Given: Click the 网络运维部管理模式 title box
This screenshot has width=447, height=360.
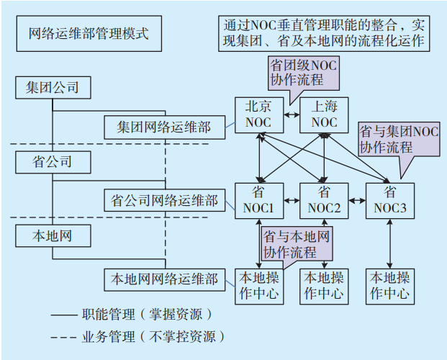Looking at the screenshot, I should pos(89,35).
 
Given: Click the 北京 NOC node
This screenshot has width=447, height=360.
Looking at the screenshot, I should pos(258,114).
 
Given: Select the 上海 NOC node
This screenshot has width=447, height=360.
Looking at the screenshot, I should pos(324,114).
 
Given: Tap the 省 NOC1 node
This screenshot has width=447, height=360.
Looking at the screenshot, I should pos(258,200).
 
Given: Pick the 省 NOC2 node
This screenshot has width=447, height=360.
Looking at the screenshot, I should pos(324,200).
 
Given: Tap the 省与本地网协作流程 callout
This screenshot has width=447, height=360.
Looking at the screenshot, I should pos(297,243).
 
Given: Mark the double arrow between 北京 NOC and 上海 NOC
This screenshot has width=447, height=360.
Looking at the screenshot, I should pos(290,115).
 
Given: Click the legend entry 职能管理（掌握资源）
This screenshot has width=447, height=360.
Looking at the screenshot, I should pos(134,315).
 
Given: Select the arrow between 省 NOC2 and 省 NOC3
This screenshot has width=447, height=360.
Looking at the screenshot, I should pos(356,198).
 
